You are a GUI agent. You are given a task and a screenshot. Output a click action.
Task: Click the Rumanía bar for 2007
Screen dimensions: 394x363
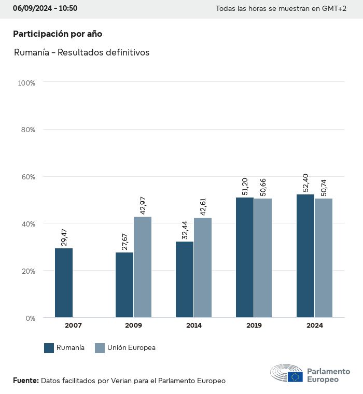(64, 283)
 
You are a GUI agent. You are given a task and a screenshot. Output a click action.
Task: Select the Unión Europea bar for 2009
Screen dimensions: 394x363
(143, 267)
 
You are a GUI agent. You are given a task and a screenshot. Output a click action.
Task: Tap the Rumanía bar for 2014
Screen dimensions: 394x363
(185, 279)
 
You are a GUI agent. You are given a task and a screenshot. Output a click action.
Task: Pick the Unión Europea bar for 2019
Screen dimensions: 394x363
(262, 258)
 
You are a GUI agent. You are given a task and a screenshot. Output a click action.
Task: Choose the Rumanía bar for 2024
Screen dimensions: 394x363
(305, 256)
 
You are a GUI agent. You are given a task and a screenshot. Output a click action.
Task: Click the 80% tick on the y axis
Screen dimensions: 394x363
(27, 130)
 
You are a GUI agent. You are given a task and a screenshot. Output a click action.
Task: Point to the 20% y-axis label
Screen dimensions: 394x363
(27, 271)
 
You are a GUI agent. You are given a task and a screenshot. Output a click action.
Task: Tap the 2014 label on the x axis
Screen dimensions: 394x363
(194, 326)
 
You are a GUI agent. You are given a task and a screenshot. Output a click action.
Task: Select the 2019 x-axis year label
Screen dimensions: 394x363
(254, 326)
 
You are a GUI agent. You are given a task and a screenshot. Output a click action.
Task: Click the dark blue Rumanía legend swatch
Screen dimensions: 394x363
(49, 348)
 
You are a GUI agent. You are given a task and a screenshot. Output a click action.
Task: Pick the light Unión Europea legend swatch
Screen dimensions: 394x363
(100, 348)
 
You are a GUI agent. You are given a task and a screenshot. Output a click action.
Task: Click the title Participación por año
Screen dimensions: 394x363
(58, 34)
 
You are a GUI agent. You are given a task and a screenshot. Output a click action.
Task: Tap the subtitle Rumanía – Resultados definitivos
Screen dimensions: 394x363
(81, 52)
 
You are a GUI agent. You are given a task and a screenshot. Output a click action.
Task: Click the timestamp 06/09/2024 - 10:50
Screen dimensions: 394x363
(45, 8)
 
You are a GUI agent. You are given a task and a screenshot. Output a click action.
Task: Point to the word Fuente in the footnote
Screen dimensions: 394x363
(25, 381)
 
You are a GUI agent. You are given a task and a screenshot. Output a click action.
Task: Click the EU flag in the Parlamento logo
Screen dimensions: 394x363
(296, 376)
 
